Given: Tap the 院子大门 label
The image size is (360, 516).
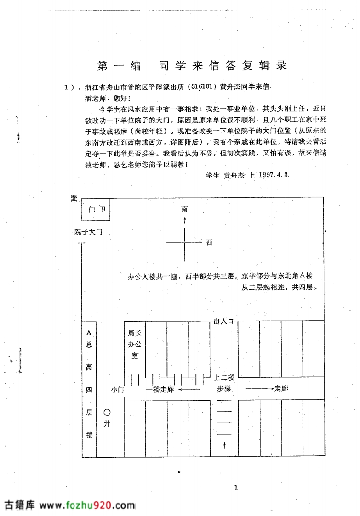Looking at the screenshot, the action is pyautogui.click(x=88, y=232).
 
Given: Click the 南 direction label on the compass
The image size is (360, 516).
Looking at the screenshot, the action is pyautogui.click(x=185, y=209).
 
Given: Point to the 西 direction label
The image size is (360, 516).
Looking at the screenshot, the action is pyautogui.click(x=209, y=242).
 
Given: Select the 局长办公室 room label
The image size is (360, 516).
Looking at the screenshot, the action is pyautogui.click(x=135, y=344).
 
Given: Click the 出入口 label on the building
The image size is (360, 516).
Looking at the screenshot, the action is pyautogui.click(x=223, y=321).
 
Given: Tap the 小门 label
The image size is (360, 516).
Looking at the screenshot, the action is pyautogui.click(x=118, y=390).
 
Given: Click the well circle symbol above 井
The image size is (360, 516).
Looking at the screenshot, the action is pyautogui.click(x=107, y=413).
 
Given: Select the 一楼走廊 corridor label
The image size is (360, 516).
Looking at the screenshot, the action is pyautogui.click(x=160, y=390).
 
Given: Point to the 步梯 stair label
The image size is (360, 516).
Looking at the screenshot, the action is pyautogui.click(x=224, y=389).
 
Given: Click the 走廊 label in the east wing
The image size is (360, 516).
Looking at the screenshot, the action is pyautogui.click(x=281, y=389).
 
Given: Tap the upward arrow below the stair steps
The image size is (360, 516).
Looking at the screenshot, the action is pyautogui.click(x=225, y=445).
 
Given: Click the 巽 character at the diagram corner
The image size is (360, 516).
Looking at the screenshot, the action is pyautogui.click(x=74, y=198).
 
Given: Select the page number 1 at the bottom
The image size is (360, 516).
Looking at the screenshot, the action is pyautogui.click(x=236, y=487).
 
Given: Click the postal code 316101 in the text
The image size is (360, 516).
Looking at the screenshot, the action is pyautogui.click(x=202, y=86).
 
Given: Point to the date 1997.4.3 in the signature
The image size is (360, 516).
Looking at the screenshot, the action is pyautogui.click(x=274, y=175).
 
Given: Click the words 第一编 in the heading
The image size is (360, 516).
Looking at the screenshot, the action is pyautogui.click(x=119, y=66).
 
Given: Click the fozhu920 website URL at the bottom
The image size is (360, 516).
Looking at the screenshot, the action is pyautogui.click(x=87, y=505).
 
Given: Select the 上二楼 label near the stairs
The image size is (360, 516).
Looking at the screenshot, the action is pyautogui.click(x=224, y=378).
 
